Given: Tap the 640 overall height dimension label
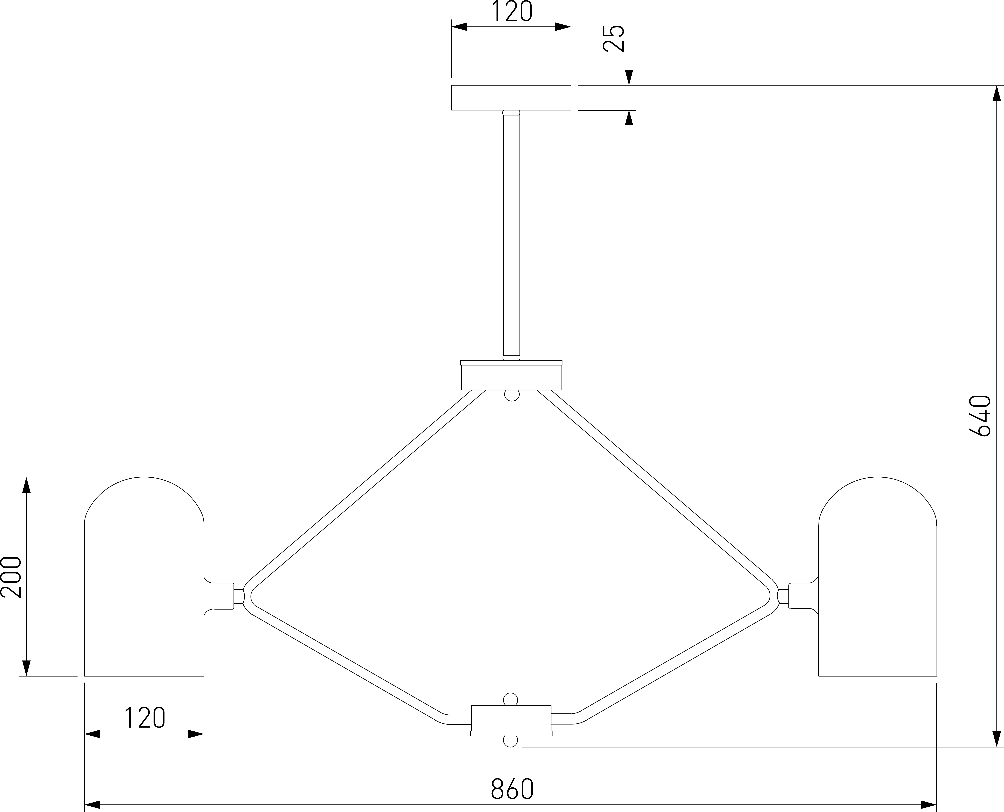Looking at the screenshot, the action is tap(980, 416).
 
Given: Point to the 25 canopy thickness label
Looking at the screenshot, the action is tap(614, 38).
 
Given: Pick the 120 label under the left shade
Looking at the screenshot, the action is tap(145, 718).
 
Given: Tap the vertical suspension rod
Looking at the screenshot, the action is tap(511, 235).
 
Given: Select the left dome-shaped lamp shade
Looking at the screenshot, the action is tap(144, 576).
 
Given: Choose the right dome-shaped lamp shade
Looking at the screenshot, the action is tap(878, 576).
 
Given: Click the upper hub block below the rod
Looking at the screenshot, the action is tap(511, 375).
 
